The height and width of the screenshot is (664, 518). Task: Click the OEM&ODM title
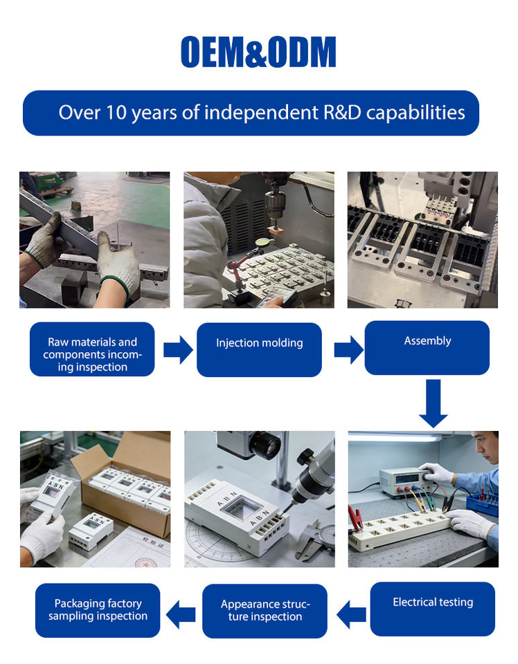pyautogui.click(x=258, y=52)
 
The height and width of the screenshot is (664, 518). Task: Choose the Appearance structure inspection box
pyautogui.click(x=265, y=611)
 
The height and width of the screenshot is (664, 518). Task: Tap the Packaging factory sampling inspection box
pyautogui.click(x=98, y=610)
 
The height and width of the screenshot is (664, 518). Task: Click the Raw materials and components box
pyautogui.click(x=92, y=349)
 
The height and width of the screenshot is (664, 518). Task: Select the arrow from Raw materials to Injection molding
pyautogui.click(x=178, y=349)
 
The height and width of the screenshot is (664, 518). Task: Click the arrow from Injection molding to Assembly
pyautogui.click(x=348, y=349)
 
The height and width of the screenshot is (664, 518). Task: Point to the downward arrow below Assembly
pyautogui.click(x=434, y=403)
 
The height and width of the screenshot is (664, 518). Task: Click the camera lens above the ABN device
pyautogui.click(x=264, y=445)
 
